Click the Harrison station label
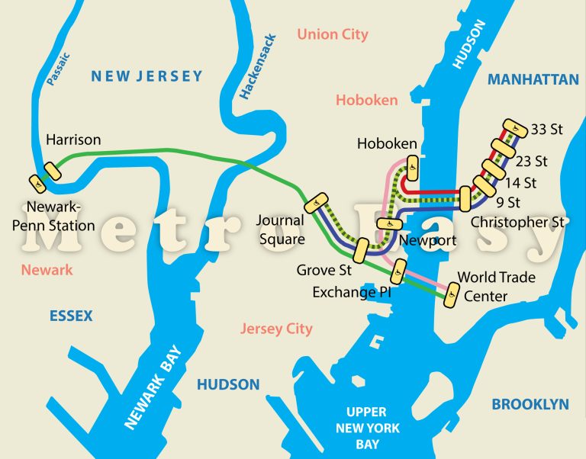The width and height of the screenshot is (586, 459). [x=73, y=140]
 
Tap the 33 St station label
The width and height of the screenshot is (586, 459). [x=546, y=130]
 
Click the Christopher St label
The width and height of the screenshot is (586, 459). [x=518, y=223]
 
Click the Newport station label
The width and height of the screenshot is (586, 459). [x=427, y=241]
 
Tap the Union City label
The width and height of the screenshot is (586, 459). [x=333, y=34]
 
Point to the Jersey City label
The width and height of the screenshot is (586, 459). [x=276, y=329]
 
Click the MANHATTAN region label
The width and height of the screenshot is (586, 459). [x=533, y=79]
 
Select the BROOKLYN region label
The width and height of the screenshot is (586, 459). [x=530, y=404]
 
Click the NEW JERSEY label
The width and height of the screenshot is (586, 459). [x=146, y=75]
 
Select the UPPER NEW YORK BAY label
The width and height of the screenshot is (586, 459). [x=368, y=428]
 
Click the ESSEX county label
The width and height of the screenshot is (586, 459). [x=70, y=316]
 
